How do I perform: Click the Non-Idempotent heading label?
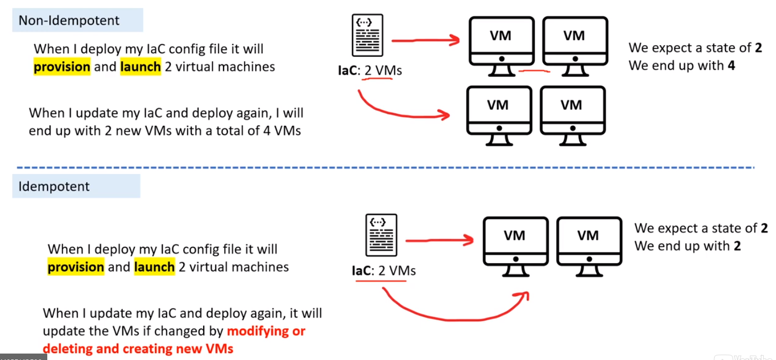(x=69, y=20)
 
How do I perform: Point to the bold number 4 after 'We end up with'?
(x=731, y=66)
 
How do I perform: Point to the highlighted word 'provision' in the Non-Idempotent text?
(x=62, y=67)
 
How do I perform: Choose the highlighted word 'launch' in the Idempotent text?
(x=154, y=267)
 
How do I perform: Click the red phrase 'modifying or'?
(x=266, y=330)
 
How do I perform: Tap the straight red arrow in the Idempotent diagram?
(x=438, y=241)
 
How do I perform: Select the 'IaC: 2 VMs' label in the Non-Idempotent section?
(x=367, y=70)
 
